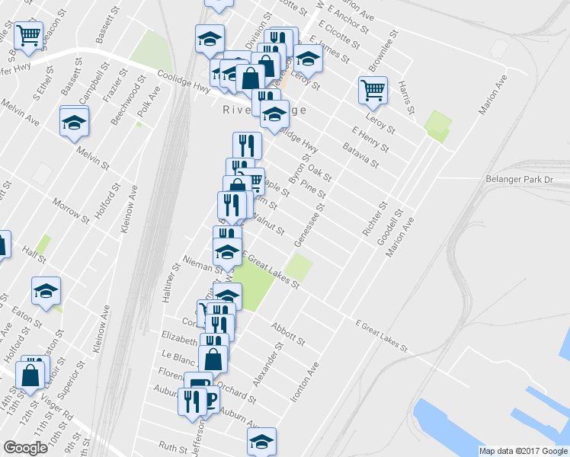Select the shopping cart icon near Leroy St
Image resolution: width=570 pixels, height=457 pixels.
(x=373, y=90)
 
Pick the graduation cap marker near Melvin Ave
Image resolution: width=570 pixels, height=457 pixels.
(x=74, y=122)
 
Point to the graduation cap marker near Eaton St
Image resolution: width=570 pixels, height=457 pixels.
(x=46, y=291)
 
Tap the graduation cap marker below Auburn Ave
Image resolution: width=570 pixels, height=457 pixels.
(x=261, y=441)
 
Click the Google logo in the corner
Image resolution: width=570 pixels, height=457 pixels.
(x=25, y=448)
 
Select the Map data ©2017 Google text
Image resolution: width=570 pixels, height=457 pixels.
(x=523, y=451)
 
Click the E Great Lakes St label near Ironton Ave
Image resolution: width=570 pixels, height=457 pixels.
(x=381, y=335)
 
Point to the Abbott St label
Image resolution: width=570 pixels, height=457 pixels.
(x=287, y=332)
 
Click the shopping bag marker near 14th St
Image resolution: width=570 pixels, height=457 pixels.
(x=30, y=376)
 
